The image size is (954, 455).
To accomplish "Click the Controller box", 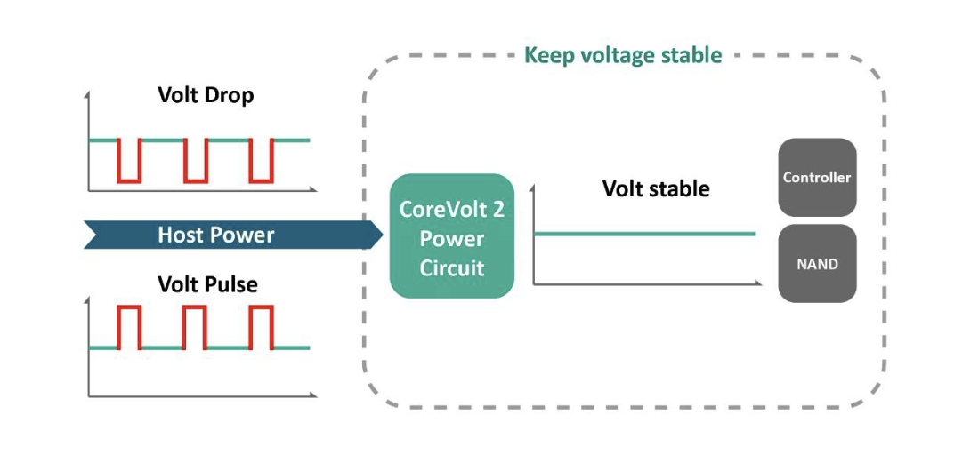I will (x=817, y=178).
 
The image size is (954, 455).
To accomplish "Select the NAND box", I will (x=817, y=264).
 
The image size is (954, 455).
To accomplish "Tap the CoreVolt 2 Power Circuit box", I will (x=452, y=236).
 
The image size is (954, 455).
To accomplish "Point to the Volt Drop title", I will (x=206, y=95).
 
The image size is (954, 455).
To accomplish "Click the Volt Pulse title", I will (x=207, y=285).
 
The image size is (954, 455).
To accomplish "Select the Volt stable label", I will (x=656, y=188).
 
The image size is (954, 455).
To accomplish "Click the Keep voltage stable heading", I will (x=623, y=55).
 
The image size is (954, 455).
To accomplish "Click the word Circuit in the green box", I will (x=452, y=267).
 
